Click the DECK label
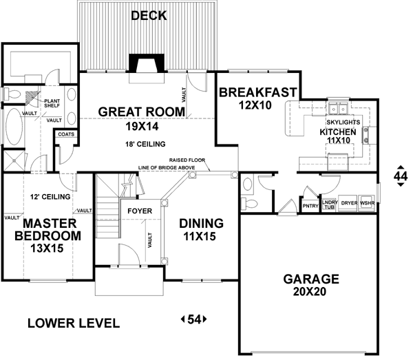pos(149,16)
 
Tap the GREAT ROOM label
pos(142,112)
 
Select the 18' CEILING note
pos(145,144)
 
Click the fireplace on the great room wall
pos(147,63)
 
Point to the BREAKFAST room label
pos(258,92)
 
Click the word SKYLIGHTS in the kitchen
pos(343,123)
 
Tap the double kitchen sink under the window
pos(339,109)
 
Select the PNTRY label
pos(310,206)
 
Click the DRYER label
pos(349,203)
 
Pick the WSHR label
pos(367,203)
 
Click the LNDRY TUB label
pos(330,204)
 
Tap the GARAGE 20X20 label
pos(311,285)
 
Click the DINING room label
pos(202,223)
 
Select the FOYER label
pos(140,211)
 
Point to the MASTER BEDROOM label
pos(48,230)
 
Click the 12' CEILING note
pos(50,197)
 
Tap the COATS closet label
pos(66,134)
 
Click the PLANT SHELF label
pos(52,103)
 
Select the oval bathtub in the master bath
pos(14,127)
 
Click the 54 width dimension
pos(194,319)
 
